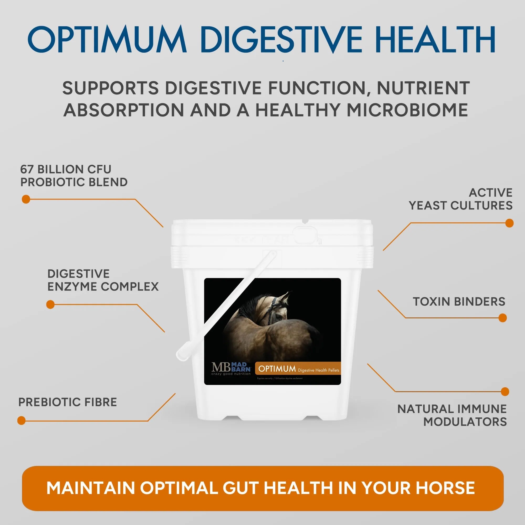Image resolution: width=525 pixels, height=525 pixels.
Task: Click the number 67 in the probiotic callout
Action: coord(27,169)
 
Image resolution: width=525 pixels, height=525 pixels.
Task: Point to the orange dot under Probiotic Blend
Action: coord(26,199)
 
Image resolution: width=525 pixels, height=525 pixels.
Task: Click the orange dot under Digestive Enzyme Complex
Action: coord(50,304)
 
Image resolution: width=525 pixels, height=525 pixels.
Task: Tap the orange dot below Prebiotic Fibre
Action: coord(21,420)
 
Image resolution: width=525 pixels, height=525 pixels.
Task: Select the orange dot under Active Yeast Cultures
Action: coord(510,223)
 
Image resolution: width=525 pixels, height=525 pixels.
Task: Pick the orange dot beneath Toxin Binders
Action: coord(503,318)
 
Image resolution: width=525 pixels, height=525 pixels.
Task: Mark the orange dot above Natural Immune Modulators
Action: coord(505,392)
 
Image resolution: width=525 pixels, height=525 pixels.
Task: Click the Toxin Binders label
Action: coord(459,302)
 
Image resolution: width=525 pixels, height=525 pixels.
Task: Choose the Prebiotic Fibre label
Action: coord(67,402)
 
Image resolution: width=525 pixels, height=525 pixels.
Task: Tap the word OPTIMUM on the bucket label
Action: coord(277,369)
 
